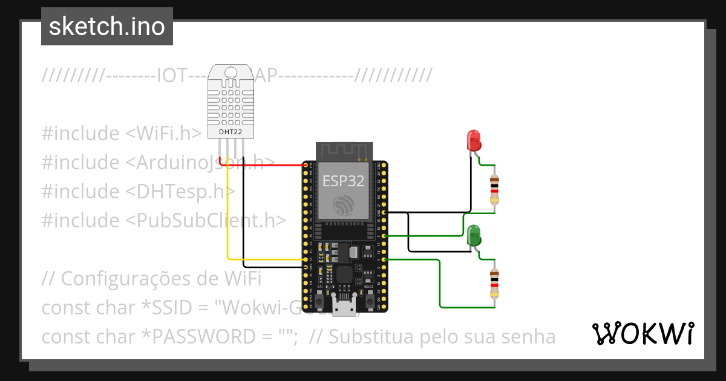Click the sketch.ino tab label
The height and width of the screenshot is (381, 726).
tap(106, 27)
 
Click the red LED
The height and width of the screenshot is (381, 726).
tap(473, 140)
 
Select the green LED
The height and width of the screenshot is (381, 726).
tap(474, 235)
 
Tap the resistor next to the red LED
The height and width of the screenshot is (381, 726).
tap(495, 189)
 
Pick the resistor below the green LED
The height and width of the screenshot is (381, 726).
tap(495, 284)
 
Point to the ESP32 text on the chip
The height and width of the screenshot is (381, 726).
tap(343, 181)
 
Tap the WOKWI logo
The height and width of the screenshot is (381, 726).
tap(643, 333)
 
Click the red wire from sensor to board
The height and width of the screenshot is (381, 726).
tap(266, 164)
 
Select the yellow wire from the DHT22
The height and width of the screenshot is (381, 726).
tap(228, 218)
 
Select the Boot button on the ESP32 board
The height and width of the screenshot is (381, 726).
tap(368, 298)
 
